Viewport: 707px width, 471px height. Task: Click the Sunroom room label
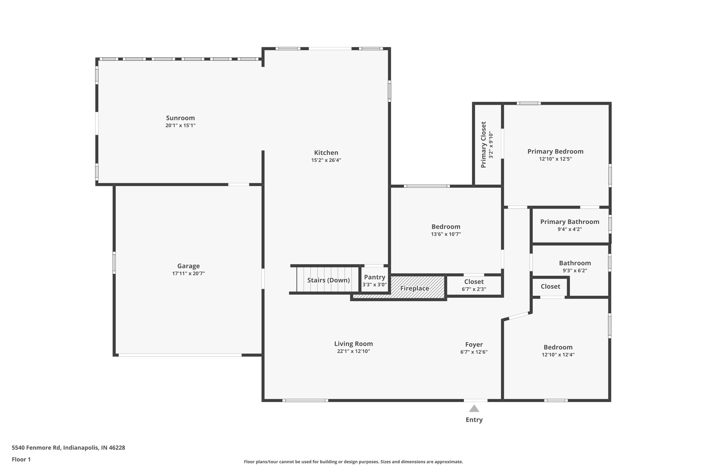(180, 118)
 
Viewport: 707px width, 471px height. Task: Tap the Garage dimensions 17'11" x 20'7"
(188, 273)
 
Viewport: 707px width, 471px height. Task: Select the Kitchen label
(326, 153)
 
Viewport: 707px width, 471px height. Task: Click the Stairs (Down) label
(328, 280)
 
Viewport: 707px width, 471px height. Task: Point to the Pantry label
(375, 277)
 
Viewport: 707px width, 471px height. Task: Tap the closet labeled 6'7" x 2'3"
(474, 285)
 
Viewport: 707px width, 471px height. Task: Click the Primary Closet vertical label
(484, 145)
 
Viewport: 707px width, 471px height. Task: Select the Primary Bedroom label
(555, 151)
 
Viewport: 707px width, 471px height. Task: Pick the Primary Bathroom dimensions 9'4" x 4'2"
(570, 229)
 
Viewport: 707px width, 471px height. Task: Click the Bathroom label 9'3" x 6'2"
(575, 266)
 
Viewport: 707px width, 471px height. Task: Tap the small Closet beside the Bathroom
(550, 286)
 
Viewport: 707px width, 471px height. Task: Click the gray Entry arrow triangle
(474, 409)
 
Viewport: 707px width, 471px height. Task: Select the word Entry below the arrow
(474, 420)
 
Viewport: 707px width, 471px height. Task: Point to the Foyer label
(474, 344)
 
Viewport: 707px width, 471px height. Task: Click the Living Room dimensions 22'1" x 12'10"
(353, 351)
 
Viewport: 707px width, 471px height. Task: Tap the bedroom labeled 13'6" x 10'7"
(446, 230)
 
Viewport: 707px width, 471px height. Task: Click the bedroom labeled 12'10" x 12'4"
(558, 351)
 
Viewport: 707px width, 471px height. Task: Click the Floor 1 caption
(21, 459)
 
